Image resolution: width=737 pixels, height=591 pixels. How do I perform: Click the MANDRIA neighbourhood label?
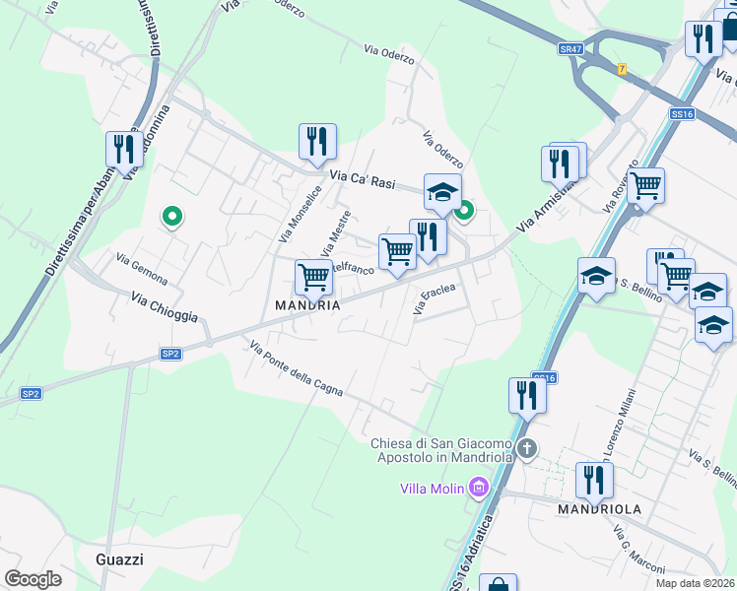point(307,305)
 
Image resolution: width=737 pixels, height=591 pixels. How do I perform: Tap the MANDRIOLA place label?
point(600,509)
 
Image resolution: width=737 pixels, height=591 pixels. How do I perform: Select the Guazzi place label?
point(120,559)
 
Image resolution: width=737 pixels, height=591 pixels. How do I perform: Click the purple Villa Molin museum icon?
point(480,487)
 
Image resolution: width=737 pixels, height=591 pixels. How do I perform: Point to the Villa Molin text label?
point(433,488)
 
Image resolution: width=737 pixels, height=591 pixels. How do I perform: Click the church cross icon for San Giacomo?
point(528,449)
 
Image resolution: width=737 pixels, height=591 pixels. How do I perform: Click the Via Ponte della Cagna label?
point(296,368)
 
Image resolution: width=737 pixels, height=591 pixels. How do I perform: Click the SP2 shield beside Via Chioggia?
point(170,353)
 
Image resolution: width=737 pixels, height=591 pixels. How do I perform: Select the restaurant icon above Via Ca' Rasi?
point(317,143)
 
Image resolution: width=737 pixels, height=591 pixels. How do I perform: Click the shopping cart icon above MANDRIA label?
point(313,279)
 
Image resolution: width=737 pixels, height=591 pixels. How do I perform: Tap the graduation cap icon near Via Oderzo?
point(442,192)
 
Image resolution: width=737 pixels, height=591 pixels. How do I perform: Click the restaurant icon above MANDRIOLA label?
point(593,481)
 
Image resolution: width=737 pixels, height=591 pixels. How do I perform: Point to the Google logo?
point(33,579)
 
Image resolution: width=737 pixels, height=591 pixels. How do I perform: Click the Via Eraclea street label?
point(435,299)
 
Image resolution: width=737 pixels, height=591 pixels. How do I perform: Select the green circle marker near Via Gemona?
point(172,217)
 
